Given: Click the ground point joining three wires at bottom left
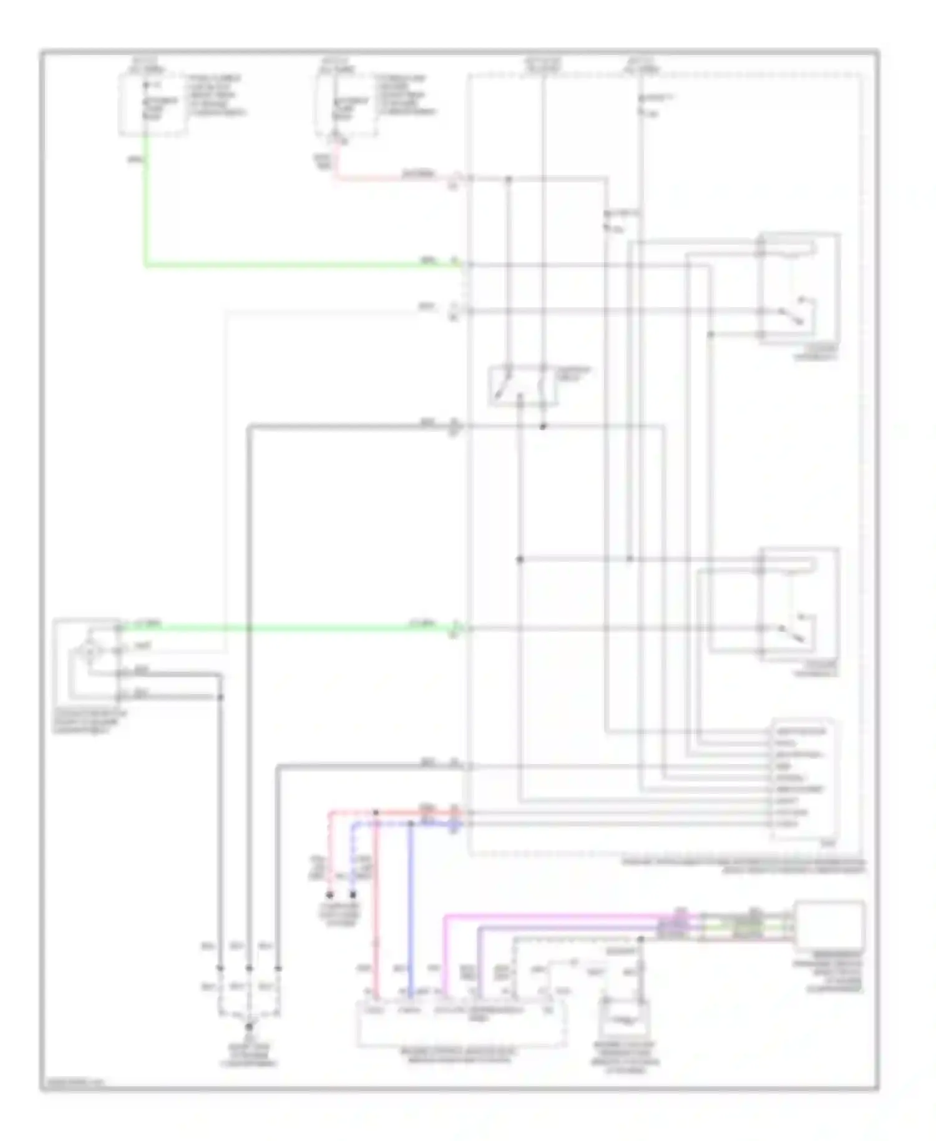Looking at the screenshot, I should click(249, 1026).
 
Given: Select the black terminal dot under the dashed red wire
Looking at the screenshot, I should click(330, 894).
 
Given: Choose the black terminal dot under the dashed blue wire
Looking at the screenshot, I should click(353, 894).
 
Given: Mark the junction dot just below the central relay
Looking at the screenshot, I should click(543, 427).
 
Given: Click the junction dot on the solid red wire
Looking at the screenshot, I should click(376, 813).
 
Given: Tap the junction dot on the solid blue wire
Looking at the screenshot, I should click(411, 824).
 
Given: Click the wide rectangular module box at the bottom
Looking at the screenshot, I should click(462, 1024).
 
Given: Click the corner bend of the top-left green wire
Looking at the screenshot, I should click(146, 265).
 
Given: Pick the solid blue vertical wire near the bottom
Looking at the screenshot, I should click(411, 905).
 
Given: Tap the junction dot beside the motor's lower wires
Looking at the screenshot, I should click(220, 697).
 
